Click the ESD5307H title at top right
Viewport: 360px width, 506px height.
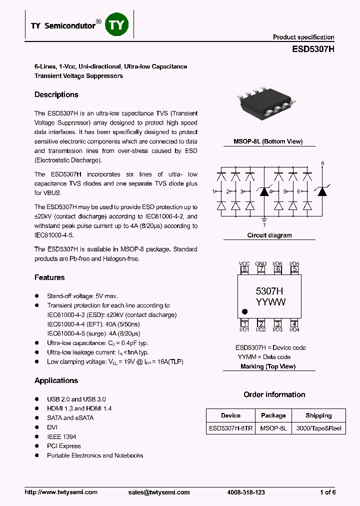pos(313,49)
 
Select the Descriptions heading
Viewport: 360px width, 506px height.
pos(56,94)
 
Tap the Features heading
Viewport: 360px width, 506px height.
pos(49,277)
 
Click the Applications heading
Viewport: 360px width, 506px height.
pos(56,380)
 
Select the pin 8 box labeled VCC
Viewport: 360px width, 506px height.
pos(244,269)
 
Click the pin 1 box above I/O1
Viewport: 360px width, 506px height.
pos(244,323)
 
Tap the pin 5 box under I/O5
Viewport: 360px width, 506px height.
pos(294,269)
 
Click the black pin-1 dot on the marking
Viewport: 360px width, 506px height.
pos(244,310)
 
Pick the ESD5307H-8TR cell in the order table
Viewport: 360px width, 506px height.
pos(230,429)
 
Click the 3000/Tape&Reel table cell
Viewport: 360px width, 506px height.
pos(318,429)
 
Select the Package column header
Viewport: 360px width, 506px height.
pos(273,415)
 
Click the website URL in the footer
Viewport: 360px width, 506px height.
pos(61,492)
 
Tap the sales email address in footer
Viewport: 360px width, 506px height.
pos(155,492)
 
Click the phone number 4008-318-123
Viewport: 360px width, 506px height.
pos(245,492)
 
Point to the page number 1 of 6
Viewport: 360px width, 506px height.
pos(327,492)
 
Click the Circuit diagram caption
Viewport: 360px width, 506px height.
pos(269,235)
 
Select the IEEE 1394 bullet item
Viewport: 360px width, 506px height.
pos(61,436)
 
